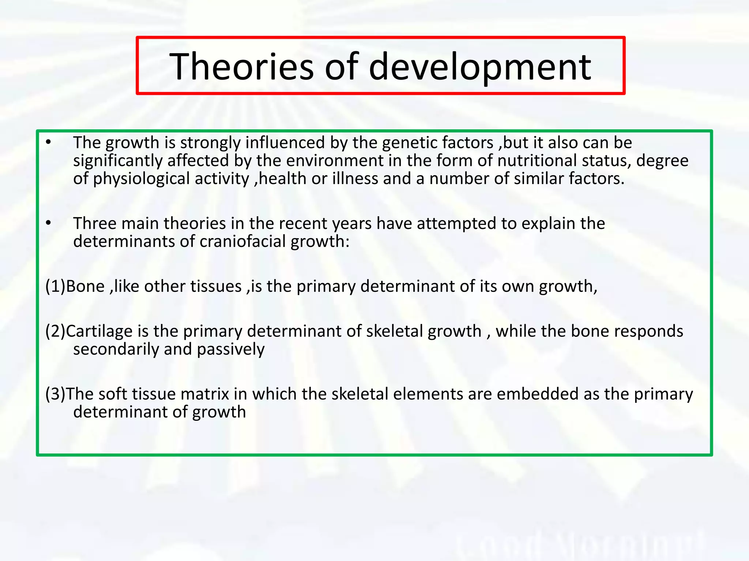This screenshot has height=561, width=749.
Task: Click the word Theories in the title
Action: [241, 66]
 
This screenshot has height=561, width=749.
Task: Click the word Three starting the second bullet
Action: [95, 224]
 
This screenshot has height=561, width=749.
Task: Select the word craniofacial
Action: [242, 241]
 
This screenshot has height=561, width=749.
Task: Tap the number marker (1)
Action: [55, 286]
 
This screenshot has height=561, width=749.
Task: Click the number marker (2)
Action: [55, 331]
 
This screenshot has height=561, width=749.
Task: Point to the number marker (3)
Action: [55, 394]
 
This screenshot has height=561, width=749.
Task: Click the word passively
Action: [231, 350]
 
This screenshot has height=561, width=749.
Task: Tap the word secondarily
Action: [116, 350]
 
